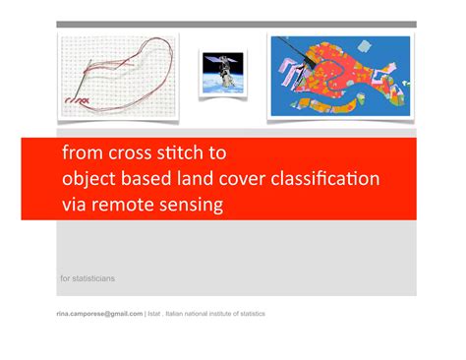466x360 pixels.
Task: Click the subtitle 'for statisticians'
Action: coord(88,278)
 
